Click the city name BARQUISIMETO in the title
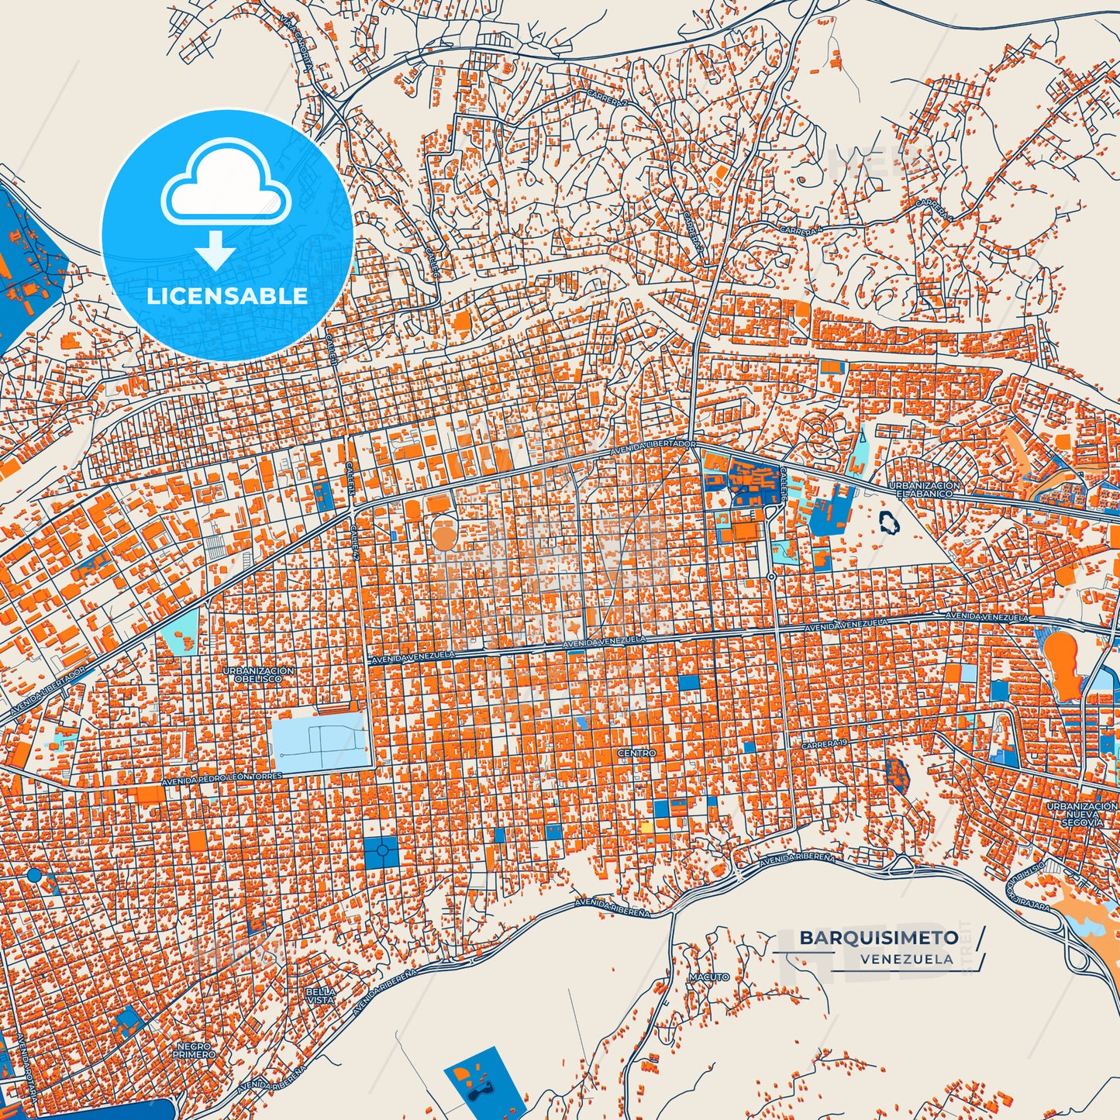click(878, 938)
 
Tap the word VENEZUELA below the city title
click(906, 959)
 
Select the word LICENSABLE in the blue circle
click(227, 296)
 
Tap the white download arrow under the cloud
click(215, 250)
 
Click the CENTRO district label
click(636, 753)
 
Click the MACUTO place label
click(709, 977)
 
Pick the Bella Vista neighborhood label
click(321, 996)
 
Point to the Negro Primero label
click(194, 1050)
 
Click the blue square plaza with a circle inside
click(381, 853)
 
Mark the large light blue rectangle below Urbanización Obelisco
click(322, 742)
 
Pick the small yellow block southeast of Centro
click(646, 826)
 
